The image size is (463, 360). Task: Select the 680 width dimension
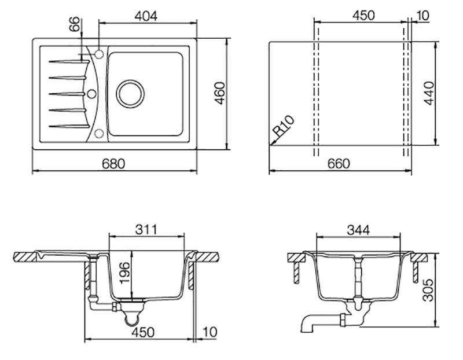click(114, 164)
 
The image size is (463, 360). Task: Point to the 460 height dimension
click(219, 93)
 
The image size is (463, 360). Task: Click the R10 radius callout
click(284, 127)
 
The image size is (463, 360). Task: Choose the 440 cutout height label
click(429, 93)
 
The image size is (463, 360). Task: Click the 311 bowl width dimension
click(147, 229)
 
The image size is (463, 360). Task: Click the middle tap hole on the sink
click(90, 93)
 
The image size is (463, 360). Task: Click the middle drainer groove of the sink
click(67, 93)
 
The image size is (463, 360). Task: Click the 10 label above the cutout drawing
click(422, 15)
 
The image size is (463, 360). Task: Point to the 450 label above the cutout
click(363, 15)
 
